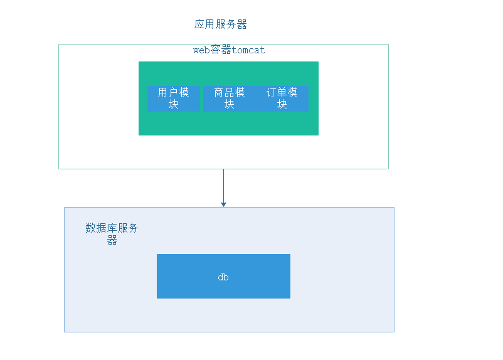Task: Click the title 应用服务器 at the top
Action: (x=221, y=24)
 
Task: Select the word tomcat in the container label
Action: (x=248, y=50)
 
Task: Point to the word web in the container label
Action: (x=201, y=50)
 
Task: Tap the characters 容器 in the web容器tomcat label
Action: (x=221, y=50)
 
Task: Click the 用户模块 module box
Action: (x=174, y=98)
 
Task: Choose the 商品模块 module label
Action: (x=229, y=93)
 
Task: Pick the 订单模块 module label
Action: (x=282, y=93)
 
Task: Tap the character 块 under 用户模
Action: (x=174, y=105)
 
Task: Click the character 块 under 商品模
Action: (x=229, y=105)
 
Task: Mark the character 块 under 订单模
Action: (x=282, y=105)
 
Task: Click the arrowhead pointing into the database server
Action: (x=223, y=204)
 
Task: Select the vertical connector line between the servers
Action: (x=223, y=185)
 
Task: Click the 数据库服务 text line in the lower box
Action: (x=112, y=228)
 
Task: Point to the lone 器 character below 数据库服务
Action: (x=112, y=240)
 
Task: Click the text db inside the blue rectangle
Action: (x=223, y=277)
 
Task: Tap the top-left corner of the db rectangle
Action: (x=157, y=255)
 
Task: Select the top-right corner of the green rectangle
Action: (x=318, y=62)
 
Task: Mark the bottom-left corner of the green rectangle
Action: (x=139, y=135)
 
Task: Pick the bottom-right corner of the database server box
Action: (x=394, y=332)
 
